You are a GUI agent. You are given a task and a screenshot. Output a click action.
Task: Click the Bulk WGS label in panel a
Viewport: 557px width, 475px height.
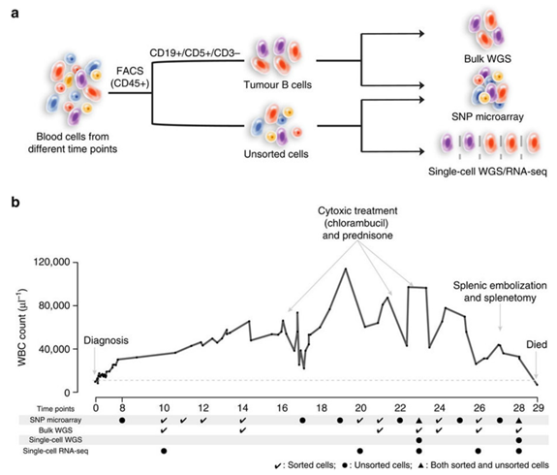tap(487, 59)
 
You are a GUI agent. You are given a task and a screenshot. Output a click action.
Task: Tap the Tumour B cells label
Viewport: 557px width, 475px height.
tap(277, 84)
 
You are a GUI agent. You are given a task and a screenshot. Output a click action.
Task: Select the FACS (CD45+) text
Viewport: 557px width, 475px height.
tap(130, 77)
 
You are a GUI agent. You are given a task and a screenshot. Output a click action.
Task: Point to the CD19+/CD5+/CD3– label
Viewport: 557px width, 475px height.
tap(195, 53)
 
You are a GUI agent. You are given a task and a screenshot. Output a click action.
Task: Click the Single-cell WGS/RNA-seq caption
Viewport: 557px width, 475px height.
tap(487, 172)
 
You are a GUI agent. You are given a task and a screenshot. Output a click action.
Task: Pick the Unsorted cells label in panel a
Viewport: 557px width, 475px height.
tap(276, 154)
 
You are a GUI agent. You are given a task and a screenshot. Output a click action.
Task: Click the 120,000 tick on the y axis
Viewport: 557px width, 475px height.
tap(52, 262)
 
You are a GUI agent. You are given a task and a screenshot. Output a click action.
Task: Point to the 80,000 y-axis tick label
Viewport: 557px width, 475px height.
tap(54, 305)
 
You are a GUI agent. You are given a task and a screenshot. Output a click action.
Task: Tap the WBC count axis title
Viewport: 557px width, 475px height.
tap(22, 328)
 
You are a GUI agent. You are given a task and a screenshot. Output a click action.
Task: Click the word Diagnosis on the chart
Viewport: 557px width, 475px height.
tap(106, 340)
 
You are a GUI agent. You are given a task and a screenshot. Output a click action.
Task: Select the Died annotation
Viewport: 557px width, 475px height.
tap(537, 344)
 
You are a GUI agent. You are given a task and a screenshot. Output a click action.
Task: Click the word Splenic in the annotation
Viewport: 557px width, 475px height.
tap(469, 286)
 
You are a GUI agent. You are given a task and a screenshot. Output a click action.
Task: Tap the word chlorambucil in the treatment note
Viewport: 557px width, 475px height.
tap(358, 223)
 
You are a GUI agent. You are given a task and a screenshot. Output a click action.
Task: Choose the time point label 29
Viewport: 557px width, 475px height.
tap(538, 408)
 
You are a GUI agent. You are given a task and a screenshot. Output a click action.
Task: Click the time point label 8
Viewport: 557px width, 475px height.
tap(123, 408)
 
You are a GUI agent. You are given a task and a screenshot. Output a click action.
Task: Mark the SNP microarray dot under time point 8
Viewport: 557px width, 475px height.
tap(122, 421)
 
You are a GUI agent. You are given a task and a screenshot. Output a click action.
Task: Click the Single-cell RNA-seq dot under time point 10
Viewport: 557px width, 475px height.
tap(164, 451)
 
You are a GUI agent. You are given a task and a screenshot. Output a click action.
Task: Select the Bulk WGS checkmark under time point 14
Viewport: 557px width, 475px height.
tap(242, 430)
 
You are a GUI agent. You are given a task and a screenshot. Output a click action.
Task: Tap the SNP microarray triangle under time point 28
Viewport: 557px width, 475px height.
tap(518, 421)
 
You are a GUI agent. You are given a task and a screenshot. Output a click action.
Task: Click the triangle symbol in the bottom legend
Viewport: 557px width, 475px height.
tap(422, 465)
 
